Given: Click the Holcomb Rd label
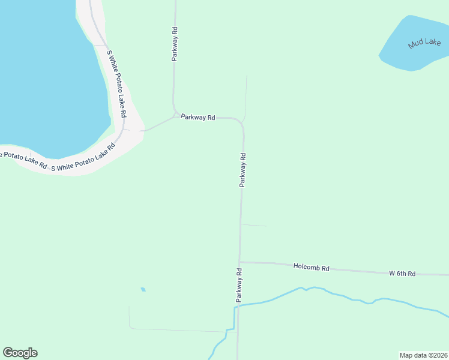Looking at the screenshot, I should click(x=312, y=268).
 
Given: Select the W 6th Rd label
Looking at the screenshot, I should click(x=402, y=274).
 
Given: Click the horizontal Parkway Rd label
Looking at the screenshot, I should click(x=197, y=118).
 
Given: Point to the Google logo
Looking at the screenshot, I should click(x=20, y=353).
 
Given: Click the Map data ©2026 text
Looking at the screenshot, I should click(x=423, y=355).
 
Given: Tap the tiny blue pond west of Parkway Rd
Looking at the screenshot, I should click(x=143, y=289).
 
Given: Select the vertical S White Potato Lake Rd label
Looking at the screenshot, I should click(x=116, y=83).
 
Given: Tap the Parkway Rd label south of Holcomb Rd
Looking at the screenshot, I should click(x=238, y=284).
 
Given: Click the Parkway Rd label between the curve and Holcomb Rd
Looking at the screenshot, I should click(x=243, y=170).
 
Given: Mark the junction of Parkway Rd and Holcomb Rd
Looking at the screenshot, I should click(x=240, y=262).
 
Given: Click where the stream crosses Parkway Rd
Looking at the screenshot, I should click(x=238, y=306).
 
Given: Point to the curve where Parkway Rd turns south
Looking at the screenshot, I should click(x=241, y=122).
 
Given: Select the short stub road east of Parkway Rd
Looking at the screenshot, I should click(x=253, y=225).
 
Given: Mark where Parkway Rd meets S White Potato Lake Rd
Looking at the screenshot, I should click(x=142, y=130).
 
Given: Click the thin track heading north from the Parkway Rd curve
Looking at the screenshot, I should click(x=246, y=96).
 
